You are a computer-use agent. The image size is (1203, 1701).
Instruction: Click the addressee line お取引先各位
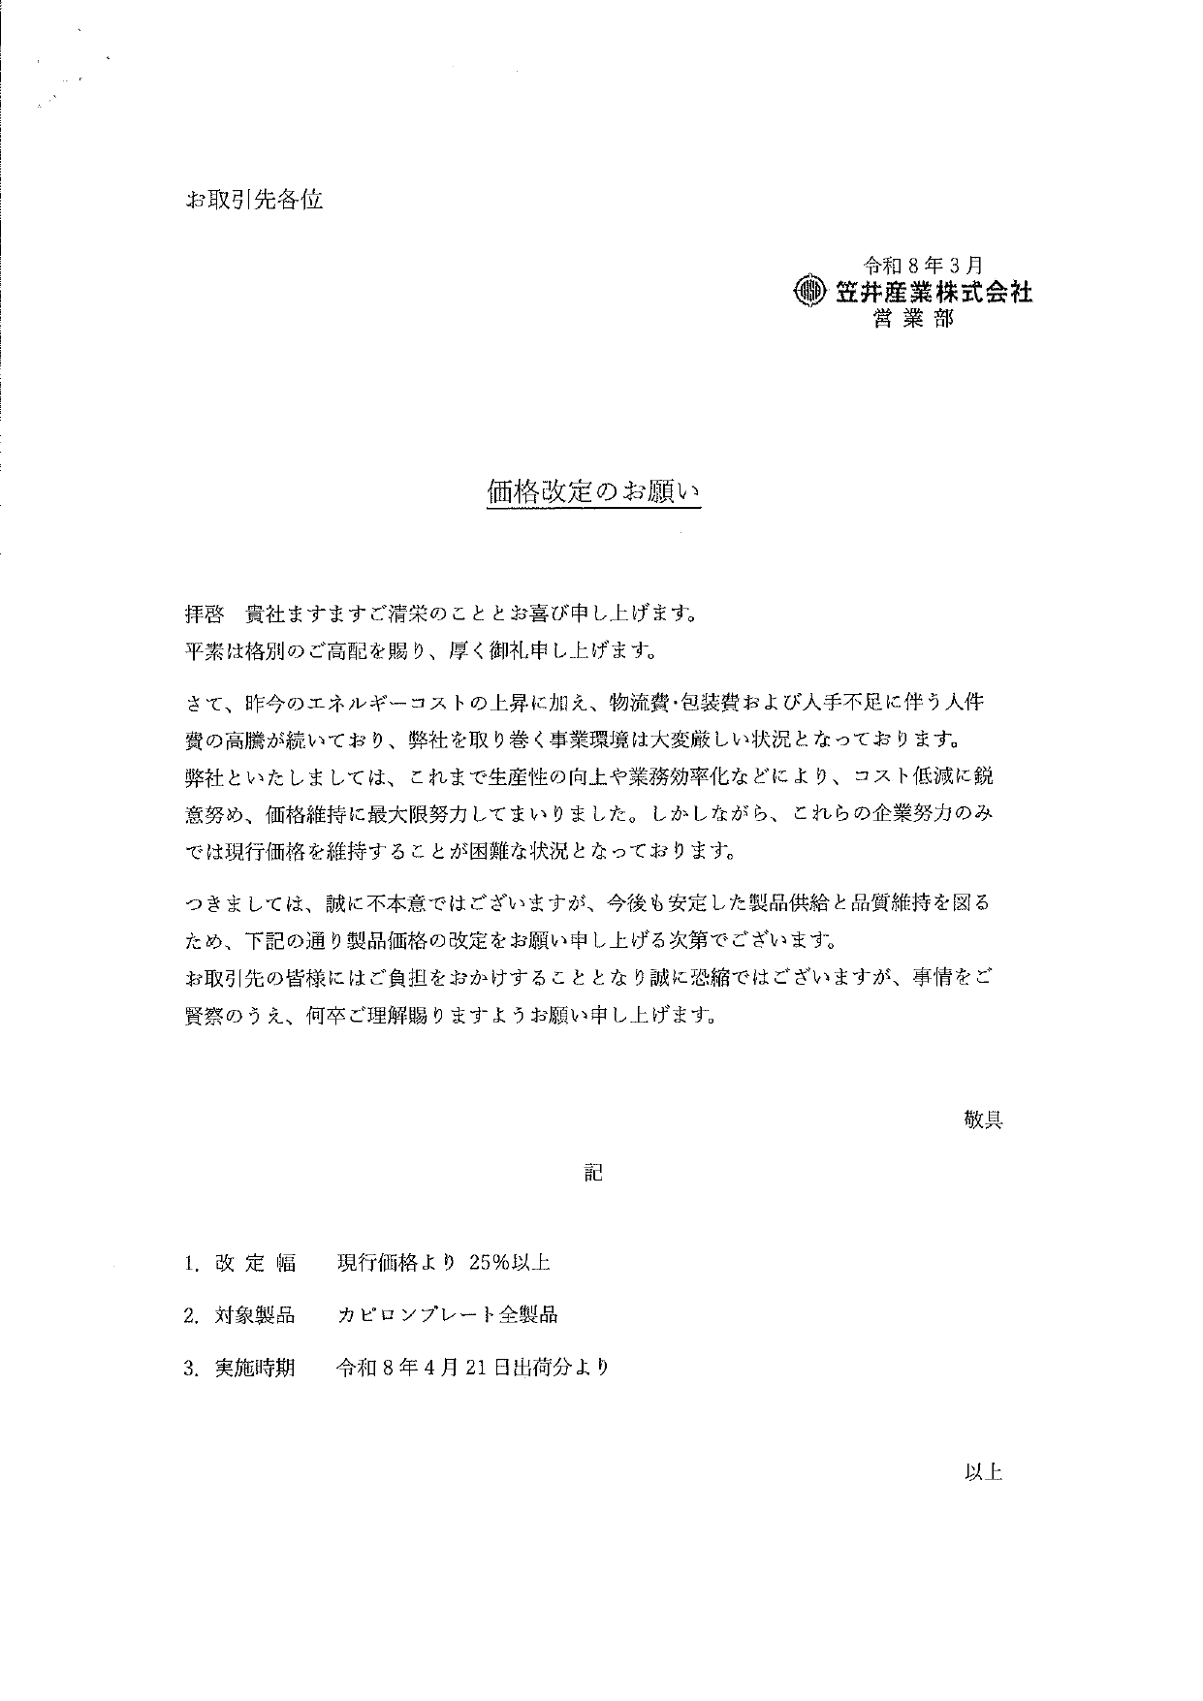[x=253, y=201]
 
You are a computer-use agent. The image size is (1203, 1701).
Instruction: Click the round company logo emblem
[x=807, y=291]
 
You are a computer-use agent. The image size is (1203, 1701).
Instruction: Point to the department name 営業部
[x=913, y=319]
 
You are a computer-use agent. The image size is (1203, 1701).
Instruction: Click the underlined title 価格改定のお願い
[x=592, y=492]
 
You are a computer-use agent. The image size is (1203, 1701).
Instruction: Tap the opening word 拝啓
[x=205, y=614]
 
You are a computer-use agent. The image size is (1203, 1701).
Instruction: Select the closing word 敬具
[x=982, y=1119]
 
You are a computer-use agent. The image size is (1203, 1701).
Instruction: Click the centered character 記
[x=593, y=1173]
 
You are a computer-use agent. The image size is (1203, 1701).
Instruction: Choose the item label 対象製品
[x=255, y=1315]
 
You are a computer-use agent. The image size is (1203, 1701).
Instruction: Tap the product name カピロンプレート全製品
[x=447, y=1315]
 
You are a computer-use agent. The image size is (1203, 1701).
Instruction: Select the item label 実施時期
[x=255, y=1368]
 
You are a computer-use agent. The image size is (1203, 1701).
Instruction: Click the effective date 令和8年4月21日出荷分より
[x=472, y=1368]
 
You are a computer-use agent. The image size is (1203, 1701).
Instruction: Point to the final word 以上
[x=982, y=1472]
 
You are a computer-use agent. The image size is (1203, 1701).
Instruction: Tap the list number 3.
[x=191, y=1369]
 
